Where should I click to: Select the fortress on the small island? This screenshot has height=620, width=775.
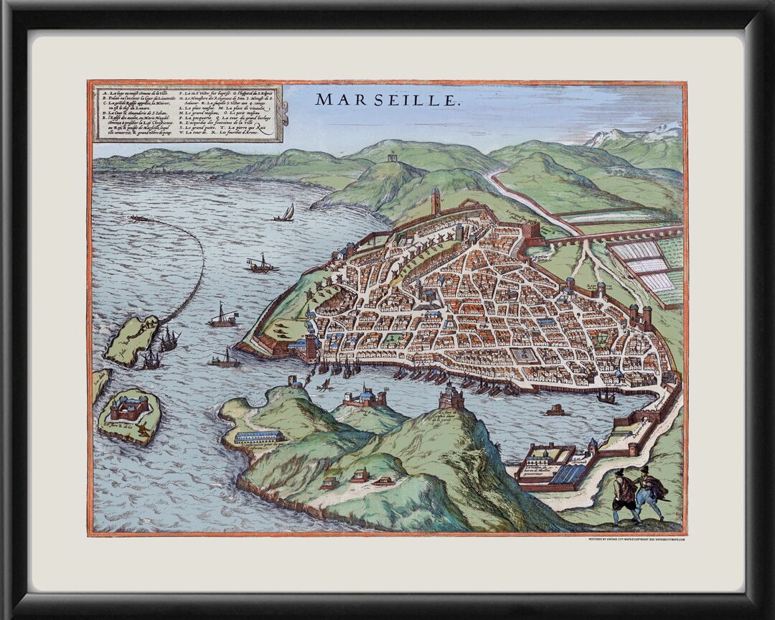click(x=129, y=408)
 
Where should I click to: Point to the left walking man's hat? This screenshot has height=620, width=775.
click(x=619, y=473)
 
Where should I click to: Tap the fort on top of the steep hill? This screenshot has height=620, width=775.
click(x=451, y=395)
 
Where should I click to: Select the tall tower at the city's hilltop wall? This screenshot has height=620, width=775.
click(x=436, y=202)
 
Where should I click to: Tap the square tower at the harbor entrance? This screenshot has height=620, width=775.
click(x=311, y=348)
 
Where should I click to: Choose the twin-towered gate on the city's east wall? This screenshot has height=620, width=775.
click(x=639, y=316)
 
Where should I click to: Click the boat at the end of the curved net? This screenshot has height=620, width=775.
click(x=138, y=217)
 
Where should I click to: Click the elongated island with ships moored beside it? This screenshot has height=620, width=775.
click(x=131, y=339)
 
